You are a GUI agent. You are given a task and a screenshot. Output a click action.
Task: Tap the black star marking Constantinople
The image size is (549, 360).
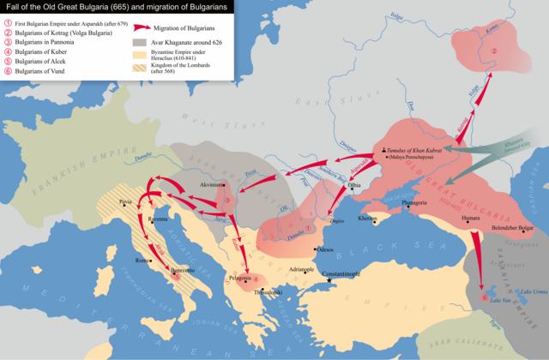327,281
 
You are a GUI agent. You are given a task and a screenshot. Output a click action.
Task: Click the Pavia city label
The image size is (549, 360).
127,200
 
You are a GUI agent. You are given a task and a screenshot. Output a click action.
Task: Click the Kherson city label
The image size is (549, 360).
366,219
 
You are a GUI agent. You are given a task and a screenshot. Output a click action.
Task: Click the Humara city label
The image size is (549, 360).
470,219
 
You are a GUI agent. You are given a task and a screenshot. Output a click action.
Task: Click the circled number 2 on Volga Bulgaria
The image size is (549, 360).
494,51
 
